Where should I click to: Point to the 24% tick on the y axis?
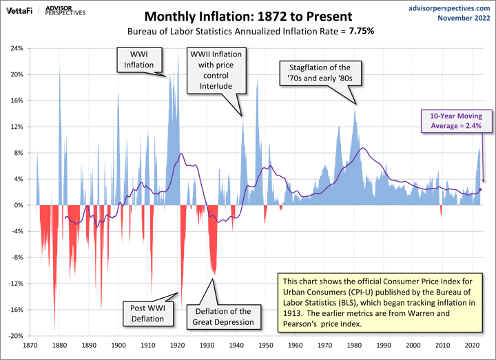(x=17, y=49)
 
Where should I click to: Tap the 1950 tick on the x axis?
(x=266, y=346)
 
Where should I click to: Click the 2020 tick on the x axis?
(x=472, y=346)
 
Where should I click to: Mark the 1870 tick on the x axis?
(x=30, y=346)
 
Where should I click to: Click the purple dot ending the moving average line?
(x=480, y=190)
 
